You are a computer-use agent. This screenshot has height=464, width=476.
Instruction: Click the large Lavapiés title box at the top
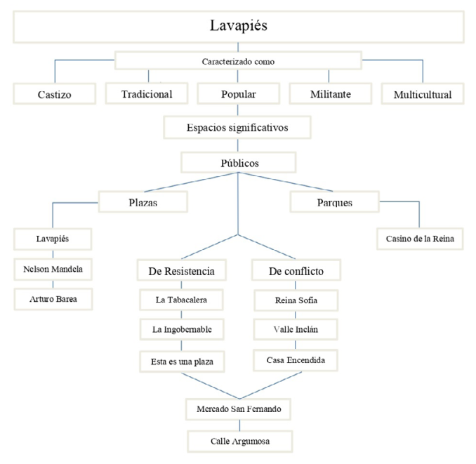[238, 27]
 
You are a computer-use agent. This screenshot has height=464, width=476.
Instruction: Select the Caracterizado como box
[238, 61]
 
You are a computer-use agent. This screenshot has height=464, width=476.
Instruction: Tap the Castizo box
[54, 93]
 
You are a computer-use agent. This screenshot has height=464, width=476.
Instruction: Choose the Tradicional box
[147, 93]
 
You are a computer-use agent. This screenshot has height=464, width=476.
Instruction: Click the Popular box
[238, 93]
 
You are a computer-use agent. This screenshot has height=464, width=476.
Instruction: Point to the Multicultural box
[423, 93]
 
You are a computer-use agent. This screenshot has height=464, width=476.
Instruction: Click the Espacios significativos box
[237, 128]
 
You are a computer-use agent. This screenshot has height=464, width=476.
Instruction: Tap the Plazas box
[143, 202]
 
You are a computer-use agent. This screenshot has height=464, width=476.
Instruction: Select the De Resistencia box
[181, 270]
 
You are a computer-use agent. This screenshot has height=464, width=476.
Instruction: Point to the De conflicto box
[295, 270]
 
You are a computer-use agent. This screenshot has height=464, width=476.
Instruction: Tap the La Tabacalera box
[181, 300]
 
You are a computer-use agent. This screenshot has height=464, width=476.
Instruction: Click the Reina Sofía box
[295, 300]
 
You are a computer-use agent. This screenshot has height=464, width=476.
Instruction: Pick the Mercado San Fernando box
[240, 408]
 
